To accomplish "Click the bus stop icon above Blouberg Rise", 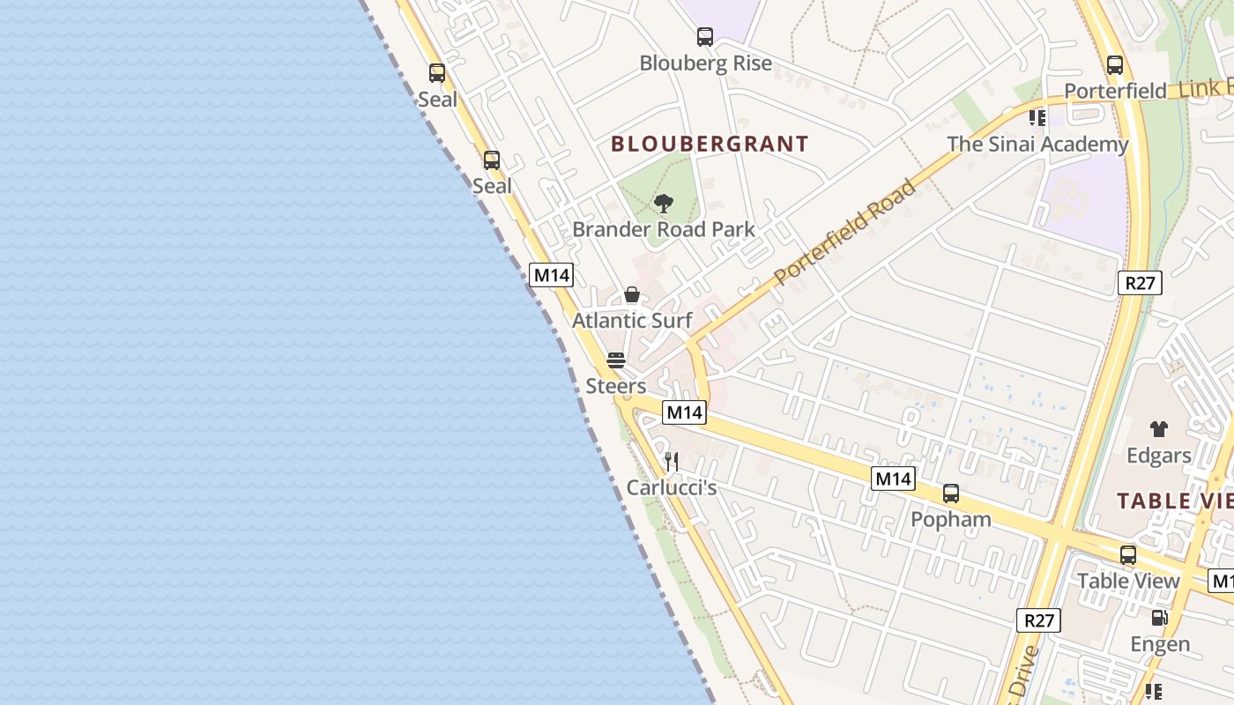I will click(704, 37).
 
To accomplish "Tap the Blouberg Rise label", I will click(705, 63).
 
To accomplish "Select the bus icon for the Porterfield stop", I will click(1114, 65).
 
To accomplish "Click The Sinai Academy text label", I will click(1037, 145).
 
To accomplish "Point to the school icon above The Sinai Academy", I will click(1037, 117).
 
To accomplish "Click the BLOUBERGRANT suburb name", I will click(710, 144).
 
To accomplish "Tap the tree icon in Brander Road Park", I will click(664, 204).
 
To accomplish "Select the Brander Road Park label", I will click(664, 230).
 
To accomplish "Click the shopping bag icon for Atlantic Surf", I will click(632, 295).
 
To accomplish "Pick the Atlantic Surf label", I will click(632, 321).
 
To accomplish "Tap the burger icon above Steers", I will click(615, 360).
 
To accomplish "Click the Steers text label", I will click(615, 386).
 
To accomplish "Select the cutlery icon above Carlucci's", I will click(671, 462).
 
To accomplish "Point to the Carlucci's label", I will click(671, 487).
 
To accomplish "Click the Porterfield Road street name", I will click(844, 233).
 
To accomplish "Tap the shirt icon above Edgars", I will click(1158, 429).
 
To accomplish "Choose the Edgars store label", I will click(1158, 456).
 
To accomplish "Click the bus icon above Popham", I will click(950, 493).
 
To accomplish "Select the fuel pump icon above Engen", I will click(1159, 619).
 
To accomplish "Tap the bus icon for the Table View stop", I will click(1127, 555).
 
